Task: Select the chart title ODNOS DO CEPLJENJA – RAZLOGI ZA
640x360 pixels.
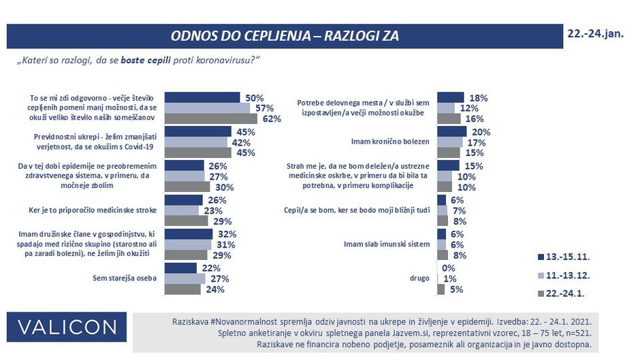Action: pyautogui.click(x=284, y=35)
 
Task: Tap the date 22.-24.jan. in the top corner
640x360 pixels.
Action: pyautogui.click(x=594, y=33)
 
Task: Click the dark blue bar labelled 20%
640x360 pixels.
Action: pyautogui.click(x=451, y=131)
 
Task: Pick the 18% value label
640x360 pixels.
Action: pyautogui.click(x=478, y=98)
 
